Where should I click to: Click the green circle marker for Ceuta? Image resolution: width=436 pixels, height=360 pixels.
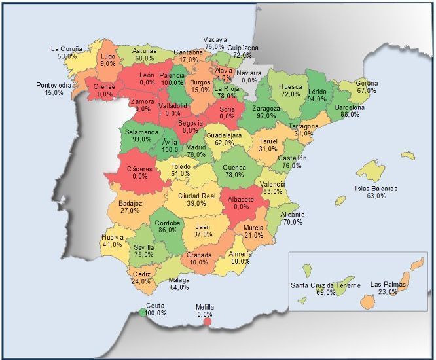tap(143, 312)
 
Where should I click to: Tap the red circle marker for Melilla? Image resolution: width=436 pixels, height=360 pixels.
tap(208, 321)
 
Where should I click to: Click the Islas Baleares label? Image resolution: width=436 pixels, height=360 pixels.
tap(376, 189)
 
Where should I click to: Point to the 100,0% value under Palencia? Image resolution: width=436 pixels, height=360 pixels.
tap(172, 83)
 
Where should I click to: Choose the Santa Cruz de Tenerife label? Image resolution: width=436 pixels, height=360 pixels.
tap(326, 285)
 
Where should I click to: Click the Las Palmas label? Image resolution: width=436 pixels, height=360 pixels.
tap(388, 285)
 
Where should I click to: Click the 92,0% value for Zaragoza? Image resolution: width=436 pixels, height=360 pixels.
tap(266, 115)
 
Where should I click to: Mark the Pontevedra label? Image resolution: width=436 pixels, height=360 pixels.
tap(54, 85)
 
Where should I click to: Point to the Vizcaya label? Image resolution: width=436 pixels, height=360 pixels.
tap(215, 40)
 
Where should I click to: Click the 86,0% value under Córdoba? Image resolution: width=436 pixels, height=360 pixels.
tap(168, 230)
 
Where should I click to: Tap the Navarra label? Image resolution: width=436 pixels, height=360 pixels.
tap(249, 73)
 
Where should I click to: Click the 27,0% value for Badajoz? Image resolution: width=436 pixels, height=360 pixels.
tap(130, 211)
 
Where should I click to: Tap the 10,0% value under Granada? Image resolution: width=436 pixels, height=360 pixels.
tap(199, 262)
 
